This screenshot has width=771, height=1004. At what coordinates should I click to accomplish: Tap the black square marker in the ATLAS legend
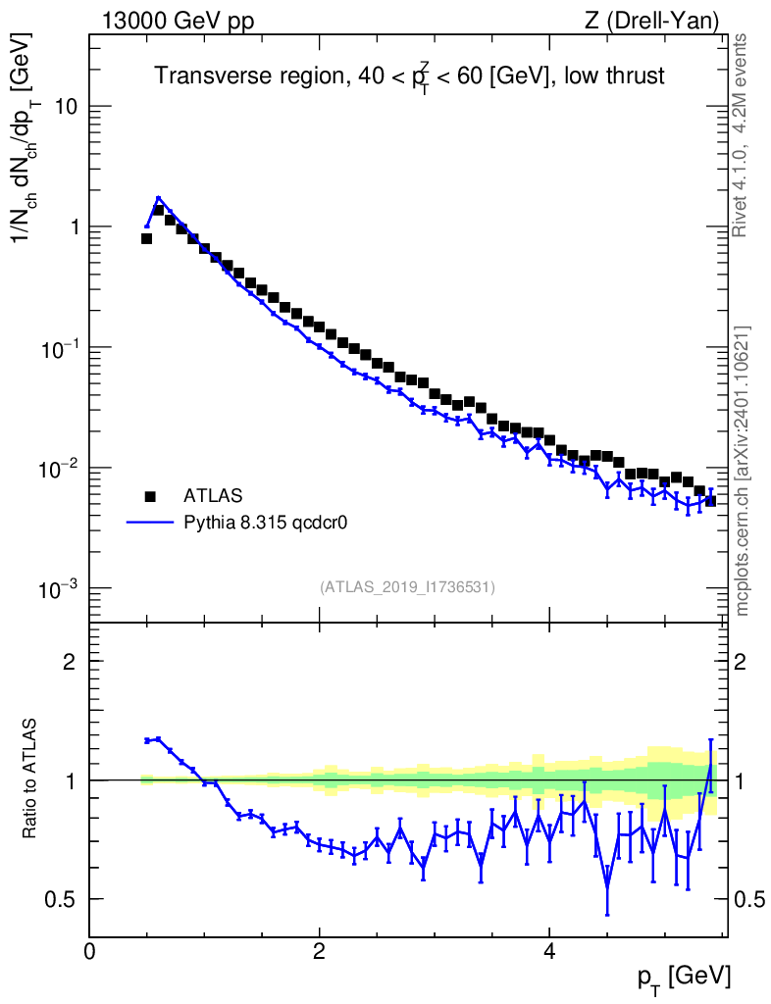click(150, 495)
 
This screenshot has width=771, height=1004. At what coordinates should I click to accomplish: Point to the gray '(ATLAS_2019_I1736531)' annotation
click(407, 587)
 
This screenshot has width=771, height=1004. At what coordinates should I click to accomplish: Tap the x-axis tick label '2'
click(319, 951)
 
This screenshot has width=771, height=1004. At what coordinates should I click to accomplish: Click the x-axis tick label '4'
click(549, 951)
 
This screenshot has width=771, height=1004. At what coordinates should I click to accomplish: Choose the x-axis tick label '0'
click(89, 951)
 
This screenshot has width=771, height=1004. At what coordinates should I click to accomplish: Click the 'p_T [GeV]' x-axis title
click(682, 977)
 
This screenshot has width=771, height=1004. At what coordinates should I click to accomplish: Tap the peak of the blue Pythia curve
click(158, 198)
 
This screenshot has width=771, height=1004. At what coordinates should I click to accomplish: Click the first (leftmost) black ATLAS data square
click(146, 238)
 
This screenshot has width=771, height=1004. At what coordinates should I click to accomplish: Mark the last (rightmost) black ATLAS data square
click(710, 501)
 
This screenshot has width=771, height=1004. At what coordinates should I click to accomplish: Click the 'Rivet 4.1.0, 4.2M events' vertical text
click(742, 135)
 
